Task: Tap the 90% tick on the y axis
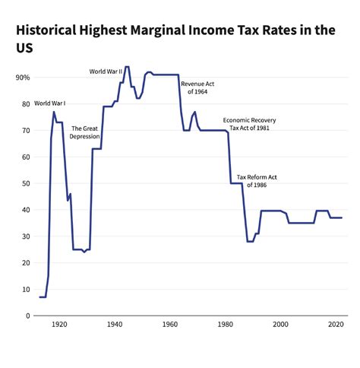[23, 78]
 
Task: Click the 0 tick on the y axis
[27, 316]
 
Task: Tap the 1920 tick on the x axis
[59, 325]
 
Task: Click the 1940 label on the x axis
[115, 325]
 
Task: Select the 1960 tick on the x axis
[170, 325]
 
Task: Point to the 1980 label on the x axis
[226, 325]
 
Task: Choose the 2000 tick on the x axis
[281, 325]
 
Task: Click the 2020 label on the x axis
[336, 325]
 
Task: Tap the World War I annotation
[49, 103]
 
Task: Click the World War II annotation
[106, 71]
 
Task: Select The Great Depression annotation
[85, 133]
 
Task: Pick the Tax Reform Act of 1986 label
[257, 181]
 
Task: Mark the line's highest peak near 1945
[127, 67]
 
